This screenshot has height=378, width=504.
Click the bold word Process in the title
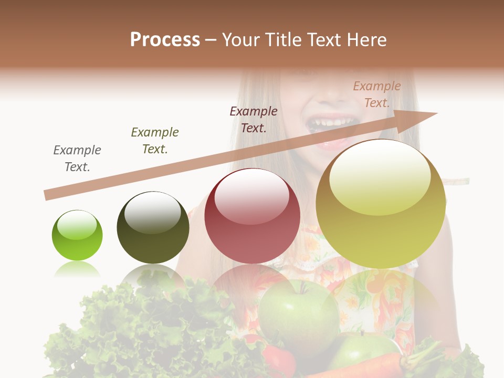[165, 40]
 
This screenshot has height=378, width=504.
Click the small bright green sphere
[77, 236]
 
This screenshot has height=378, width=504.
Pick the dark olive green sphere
[153, 228]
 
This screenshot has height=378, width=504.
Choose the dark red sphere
[252, 216]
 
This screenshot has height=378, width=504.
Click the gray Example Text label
[77, 159]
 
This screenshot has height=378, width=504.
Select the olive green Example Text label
[155, 141]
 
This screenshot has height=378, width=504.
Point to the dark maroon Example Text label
[254, 119]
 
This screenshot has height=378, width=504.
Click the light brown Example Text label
[377, 94]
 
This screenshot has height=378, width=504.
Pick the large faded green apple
[299, 315]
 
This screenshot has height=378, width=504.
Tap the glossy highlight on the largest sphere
[380, 176]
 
